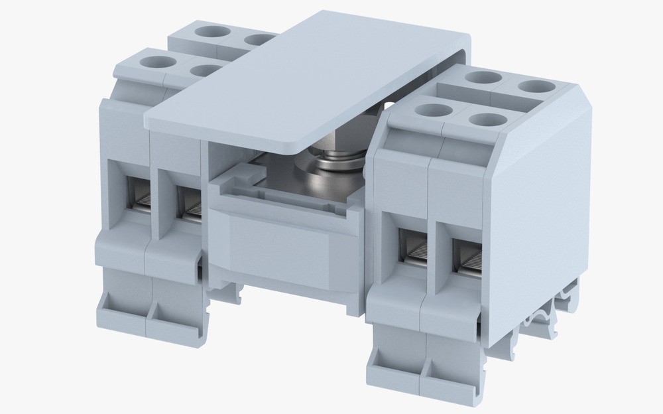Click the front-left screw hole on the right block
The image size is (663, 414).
(x=433, y=109)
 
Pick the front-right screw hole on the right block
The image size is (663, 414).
(x=487, y=119)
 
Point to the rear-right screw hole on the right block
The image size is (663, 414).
(x=532, y=86)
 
